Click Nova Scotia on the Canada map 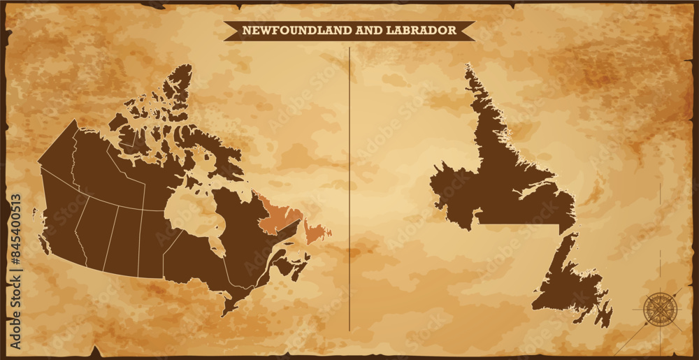tap(297, 269)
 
